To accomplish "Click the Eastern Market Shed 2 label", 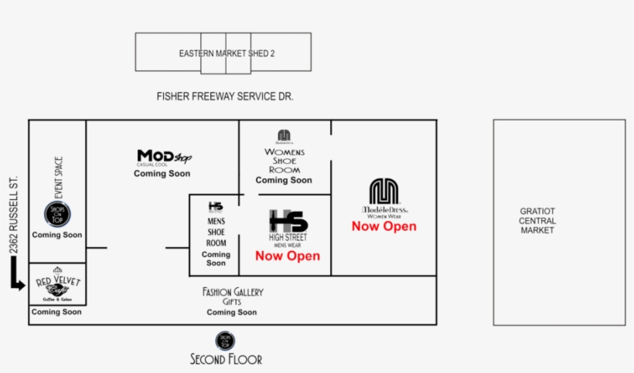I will click(x=227, y=53).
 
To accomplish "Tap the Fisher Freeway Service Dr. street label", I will click(x=225, y=97).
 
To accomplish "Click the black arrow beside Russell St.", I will click(x=16, y=275).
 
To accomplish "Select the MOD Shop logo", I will click(x=163, y=158).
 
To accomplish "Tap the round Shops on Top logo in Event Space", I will click(x=57, y=213).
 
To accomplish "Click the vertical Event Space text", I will click(x=58, y=177).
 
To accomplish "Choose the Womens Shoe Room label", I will click(x=284, y=161).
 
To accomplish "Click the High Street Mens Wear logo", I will click(x=288, y=225).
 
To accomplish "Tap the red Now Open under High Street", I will click(x=288, y=256).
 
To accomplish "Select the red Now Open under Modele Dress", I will click(x=383, y=226).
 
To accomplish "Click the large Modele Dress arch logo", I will click(x=383, y=192).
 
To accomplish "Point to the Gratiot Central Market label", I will click(x=537, y=221).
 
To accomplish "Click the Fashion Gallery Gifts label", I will click(x=233, y=297).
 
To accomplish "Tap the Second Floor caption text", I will click(x=226, y=359).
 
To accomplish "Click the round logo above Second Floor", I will click(x=225, y=340).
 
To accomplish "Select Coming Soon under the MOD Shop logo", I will click(x=162, y=174).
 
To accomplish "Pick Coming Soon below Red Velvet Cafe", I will click(x=56, y=312).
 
